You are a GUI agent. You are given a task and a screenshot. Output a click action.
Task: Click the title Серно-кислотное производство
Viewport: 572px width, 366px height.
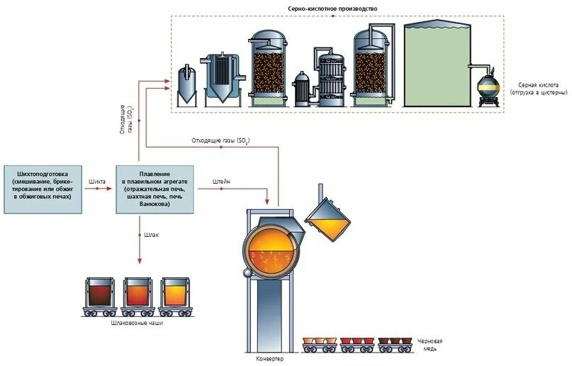tap(337, 8)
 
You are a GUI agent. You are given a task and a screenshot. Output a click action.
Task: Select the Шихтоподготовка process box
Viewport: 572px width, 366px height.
tap(43, 187)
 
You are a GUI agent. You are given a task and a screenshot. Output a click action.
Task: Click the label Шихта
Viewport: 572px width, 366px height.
tap(97, 182)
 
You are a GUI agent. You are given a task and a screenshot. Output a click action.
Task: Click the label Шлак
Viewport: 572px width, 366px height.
tap(150, 234)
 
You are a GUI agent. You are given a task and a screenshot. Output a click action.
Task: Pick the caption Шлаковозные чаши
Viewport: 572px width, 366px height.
tap(138, 323)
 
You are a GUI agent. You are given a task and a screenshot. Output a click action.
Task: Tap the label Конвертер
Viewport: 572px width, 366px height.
tap(269, 359)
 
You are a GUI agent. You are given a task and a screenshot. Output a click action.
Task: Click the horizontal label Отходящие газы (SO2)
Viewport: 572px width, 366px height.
tap(220, 140)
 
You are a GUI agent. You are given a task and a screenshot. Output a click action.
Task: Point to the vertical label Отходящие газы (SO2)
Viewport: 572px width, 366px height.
tap(125, 116)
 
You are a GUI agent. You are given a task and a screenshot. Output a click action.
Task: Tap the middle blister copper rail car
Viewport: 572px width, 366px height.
tap(357, 343)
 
